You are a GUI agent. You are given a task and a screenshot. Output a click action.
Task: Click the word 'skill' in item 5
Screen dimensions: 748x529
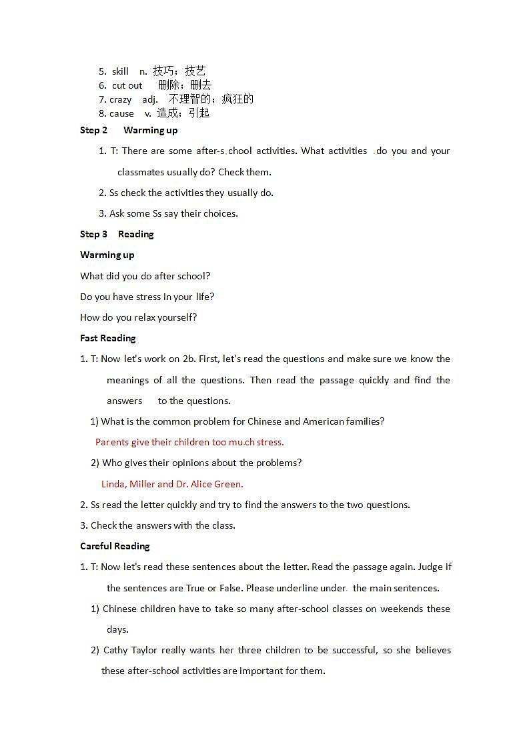pos(120,71)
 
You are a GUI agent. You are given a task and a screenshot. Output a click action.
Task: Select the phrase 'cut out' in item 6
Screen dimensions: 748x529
pos(127,85)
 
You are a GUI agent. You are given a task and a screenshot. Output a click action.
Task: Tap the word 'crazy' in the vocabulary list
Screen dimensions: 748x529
pos(120,99)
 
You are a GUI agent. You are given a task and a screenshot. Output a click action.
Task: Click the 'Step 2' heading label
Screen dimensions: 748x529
pos(93,130)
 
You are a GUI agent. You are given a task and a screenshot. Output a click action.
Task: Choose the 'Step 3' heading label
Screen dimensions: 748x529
pos(93,234)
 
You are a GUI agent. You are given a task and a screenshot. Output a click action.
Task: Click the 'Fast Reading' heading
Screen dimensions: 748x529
pos(107,338)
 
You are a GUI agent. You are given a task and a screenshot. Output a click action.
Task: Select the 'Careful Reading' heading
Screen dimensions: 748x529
pos(115,546)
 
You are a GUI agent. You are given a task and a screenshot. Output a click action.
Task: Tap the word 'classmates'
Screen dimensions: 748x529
pos(140,172)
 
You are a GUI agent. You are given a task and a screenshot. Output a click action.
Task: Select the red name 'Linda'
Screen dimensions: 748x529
pos(113,484)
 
